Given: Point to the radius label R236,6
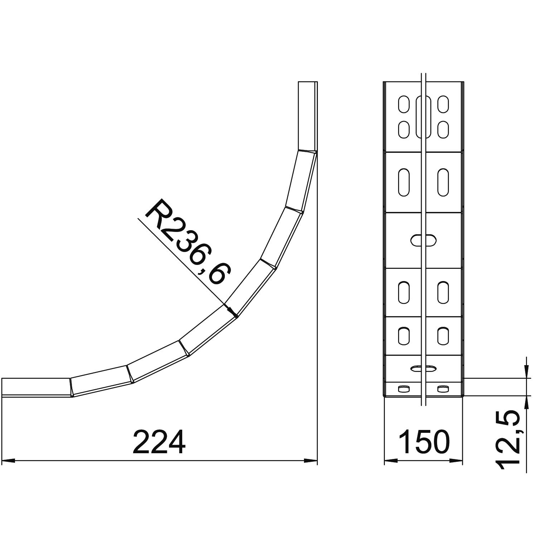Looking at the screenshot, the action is click(x=188, y=244).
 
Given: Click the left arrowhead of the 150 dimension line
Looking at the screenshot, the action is click(x=391, y=460).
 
